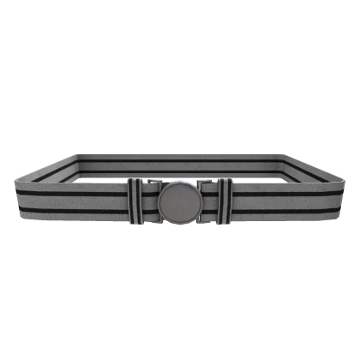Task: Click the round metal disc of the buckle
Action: coord(179,201)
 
